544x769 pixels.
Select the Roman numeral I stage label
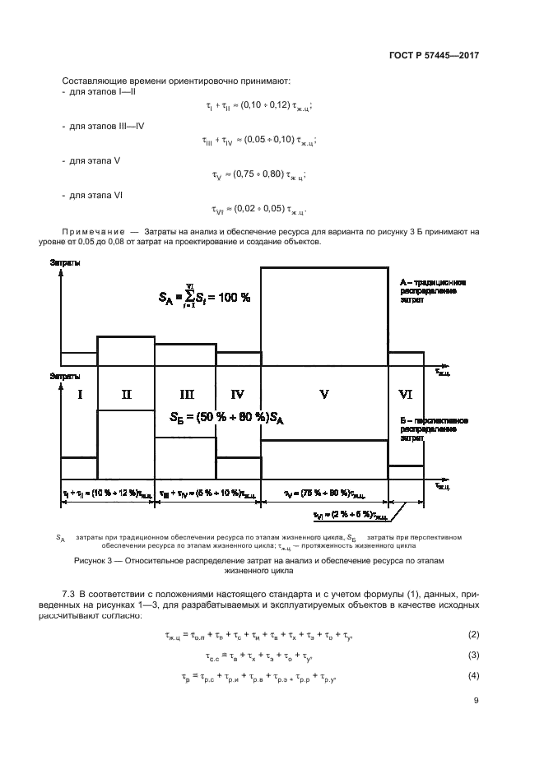[79, 395]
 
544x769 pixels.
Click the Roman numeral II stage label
[126, 395]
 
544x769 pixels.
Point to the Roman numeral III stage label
[186, 395]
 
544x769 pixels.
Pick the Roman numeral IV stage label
[238, 395]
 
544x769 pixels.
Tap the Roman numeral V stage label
[324, 395]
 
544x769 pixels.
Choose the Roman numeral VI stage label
[405, 395]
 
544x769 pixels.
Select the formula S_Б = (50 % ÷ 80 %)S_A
[227, 418]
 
